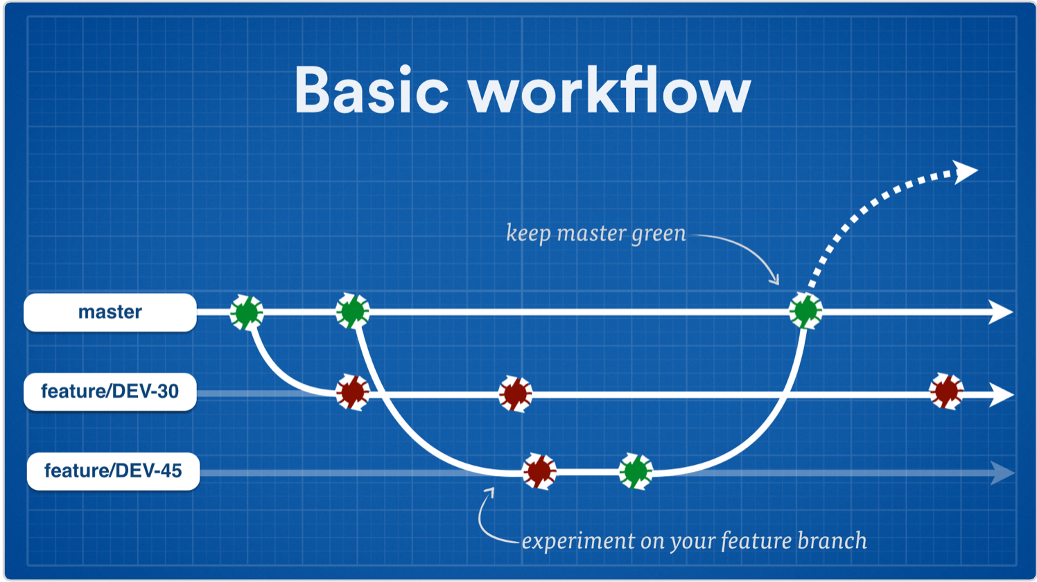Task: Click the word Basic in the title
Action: point(372,90)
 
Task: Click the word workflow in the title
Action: point(609,90)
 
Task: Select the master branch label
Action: point(110,312)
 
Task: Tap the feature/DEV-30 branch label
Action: point(110,392)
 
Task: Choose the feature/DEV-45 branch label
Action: point(113,472)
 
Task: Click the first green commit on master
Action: point(247,312)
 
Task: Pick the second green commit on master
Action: point(353,311)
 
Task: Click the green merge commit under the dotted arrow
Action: point(805,311)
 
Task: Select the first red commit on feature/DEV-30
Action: point(353,393)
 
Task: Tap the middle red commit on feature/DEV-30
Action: point(515,394)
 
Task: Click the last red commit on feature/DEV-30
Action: point(946,391)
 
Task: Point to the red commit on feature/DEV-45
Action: point(539,472)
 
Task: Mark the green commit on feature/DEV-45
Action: point(636,472)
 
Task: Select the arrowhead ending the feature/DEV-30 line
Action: point(1002,395)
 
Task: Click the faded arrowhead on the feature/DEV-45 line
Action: point(1002,473)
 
